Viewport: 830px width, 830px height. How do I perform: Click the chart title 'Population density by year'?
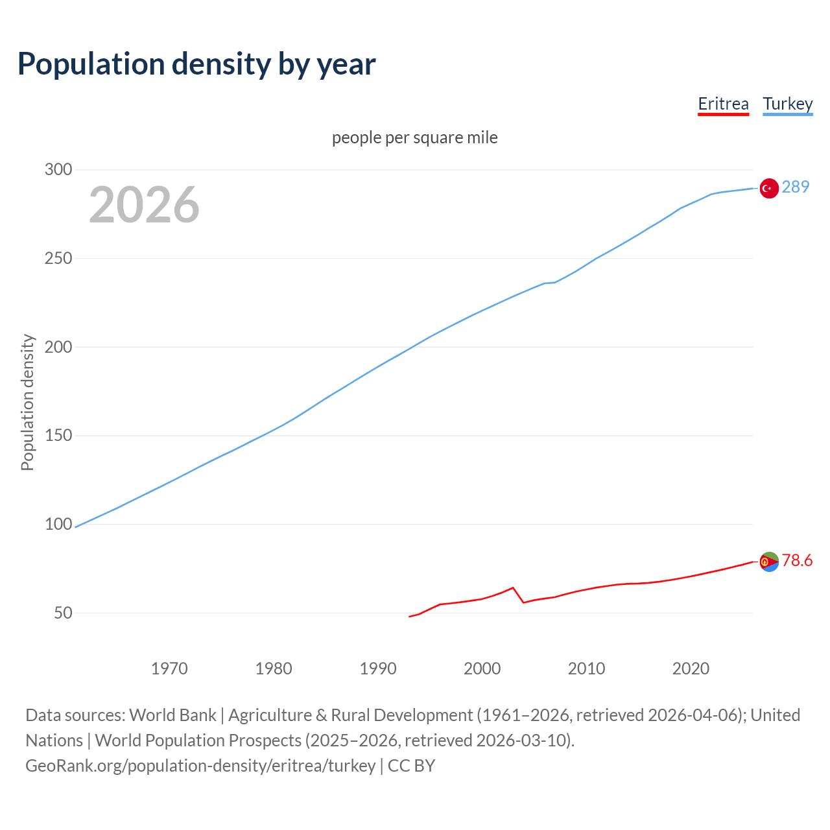point(196,64)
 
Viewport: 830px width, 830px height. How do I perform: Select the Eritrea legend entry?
point(723,104)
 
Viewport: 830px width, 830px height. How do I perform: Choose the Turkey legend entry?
point(787,104)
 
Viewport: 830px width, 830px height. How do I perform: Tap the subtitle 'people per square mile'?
point(415,138)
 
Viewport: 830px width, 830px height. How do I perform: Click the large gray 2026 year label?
point(144,205)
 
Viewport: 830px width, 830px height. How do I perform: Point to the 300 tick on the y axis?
point(58,170)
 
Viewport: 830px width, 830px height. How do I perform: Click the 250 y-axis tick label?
point(58,259)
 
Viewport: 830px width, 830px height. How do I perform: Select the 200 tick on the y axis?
point(58,347)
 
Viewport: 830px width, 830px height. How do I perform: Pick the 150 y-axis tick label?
point(58,436)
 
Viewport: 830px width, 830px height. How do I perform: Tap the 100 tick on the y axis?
point(58,525)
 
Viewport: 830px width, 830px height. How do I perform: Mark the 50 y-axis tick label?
point(63,613)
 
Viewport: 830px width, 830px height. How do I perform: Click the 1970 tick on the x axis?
point(169,669)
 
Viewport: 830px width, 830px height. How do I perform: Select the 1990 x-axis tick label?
point(378,669)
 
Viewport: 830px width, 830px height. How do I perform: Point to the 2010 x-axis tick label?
point(586,669)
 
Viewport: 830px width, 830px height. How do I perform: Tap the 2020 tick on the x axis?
point(691,669)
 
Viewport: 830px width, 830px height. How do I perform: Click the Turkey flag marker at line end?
point(769,188)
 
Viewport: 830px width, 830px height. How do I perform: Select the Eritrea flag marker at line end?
point(769,562)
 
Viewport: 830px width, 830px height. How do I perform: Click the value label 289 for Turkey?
point(796,187)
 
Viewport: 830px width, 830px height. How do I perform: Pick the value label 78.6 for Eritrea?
point(797,561)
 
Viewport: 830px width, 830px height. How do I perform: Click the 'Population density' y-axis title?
point(27,402)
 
